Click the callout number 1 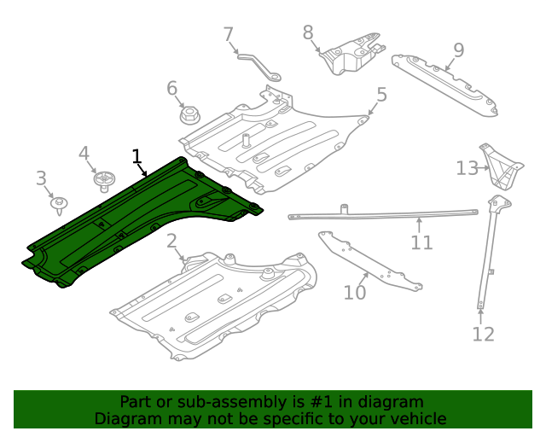coord(136,155)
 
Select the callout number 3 coord(41,178)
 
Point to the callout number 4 coord(84,154)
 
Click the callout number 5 coord(381,95)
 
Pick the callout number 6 coord(171,88)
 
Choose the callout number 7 coord(228,35)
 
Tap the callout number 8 coord(308,32)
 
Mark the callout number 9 coord(458,50)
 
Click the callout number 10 coord(354,293)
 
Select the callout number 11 coord(421,242)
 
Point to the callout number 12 coord(483,334)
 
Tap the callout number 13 coord(467,168)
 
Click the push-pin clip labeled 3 coord(59,204)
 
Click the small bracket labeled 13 coord(499,166)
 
